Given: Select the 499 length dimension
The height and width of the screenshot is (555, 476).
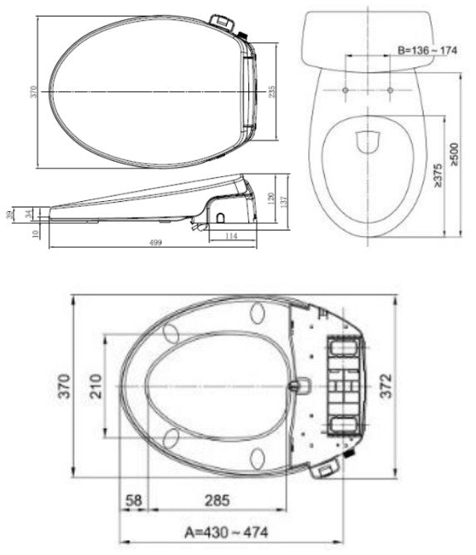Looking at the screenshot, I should pyautogui.click(x=155, y=242).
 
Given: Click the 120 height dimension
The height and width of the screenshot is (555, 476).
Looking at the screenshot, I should pyautogui.click(x=271, y=198).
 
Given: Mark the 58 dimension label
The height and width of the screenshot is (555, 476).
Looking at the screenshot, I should pyautogui.click(x=133, y=500).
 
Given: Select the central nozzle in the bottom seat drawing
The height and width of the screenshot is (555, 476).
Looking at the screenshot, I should pyautogui.click(x=301, y=386).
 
